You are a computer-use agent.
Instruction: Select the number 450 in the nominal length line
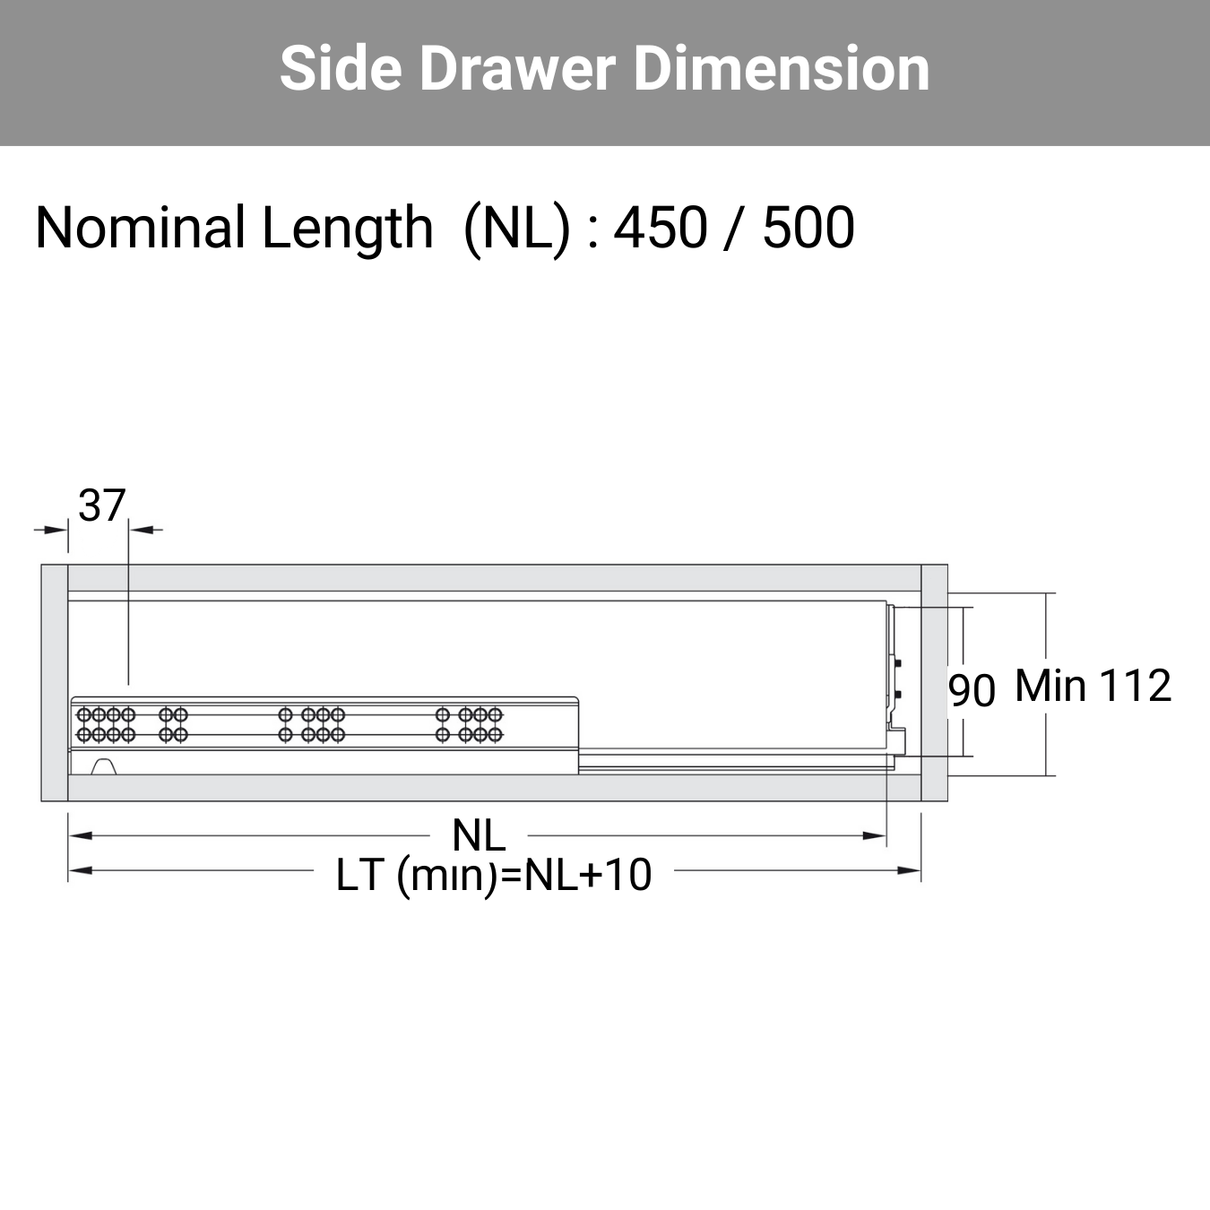(x=661, y=227)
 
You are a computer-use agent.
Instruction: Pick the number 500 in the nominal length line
(x=808, y=227)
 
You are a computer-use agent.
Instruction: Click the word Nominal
(x=141, y=227)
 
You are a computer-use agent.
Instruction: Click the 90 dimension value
(x=972, y=691)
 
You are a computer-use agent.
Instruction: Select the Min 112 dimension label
(x=1093, y=686)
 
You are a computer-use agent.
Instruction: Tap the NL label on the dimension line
(x=479, y=835)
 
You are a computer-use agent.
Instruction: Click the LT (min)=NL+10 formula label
(x=494, y=876)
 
